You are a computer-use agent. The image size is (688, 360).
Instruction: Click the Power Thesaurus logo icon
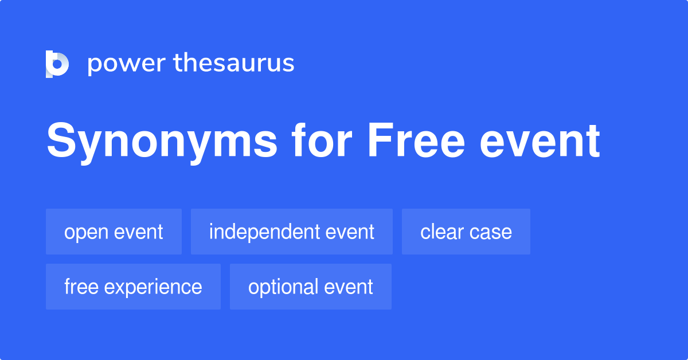[57, 64]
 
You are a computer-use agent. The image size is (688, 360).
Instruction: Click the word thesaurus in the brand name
[234, 64]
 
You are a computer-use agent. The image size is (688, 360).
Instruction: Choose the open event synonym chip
[114, 232]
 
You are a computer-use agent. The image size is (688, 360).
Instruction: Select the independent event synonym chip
[291, 232]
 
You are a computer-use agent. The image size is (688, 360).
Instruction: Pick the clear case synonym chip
[466, 232]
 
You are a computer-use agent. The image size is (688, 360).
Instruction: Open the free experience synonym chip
[133, 287]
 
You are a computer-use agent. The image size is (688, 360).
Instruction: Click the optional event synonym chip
[310, 287]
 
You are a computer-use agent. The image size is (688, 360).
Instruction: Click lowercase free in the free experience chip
[81, 287]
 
